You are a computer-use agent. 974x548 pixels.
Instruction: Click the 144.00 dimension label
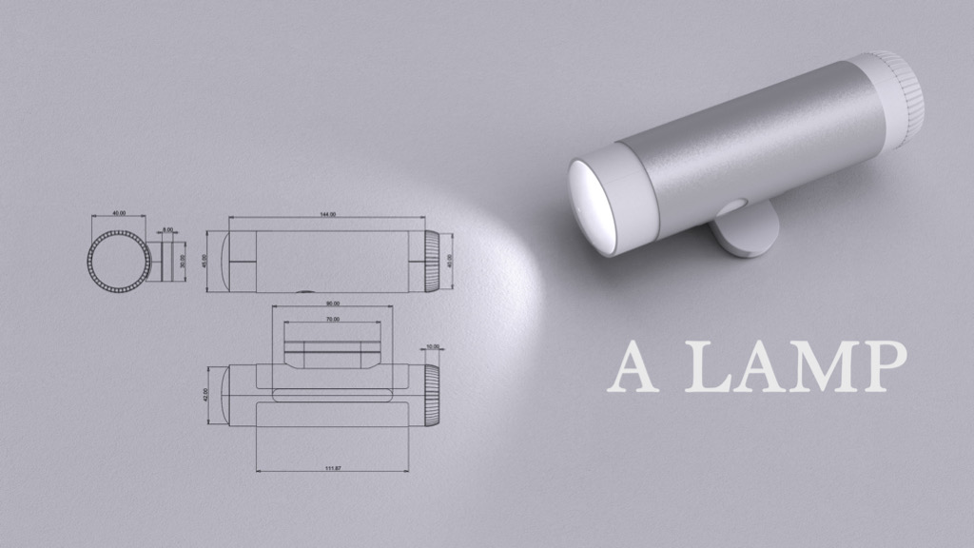tap(325, 215)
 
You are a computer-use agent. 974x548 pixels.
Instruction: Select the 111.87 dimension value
tap(332, 467)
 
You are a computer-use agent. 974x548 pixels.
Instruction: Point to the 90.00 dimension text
tap(332, 303)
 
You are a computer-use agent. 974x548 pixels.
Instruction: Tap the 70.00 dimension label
tap(332, 321)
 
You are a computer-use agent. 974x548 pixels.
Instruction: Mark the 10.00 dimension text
tap(433, 346)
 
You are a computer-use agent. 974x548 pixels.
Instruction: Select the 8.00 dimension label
tap(168, 230)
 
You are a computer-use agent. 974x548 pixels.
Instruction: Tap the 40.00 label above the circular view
tap(119, 214)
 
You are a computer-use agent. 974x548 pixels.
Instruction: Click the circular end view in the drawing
tap(119, 262)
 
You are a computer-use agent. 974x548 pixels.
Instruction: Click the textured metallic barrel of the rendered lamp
tap(751, 143)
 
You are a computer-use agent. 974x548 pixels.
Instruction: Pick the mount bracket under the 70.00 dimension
tap(332, 353)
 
